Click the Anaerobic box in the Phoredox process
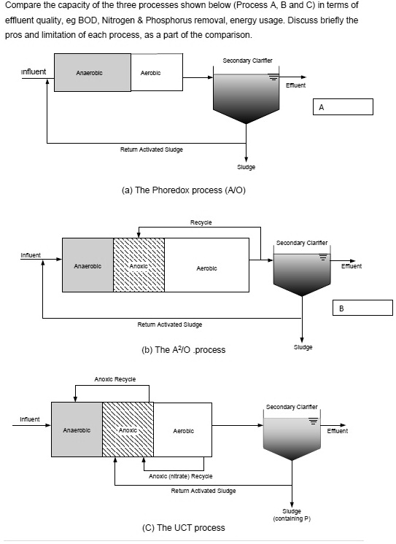[88, 73]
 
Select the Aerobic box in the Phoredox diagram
[156, 73]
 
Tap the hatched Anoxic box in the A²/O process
[139, 265]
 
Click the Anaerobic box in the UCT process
[77, 430]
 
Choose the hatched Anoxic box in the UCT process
[128, 430]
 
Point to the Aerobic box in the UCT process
[183, 430]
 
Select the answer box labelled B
[362, 308]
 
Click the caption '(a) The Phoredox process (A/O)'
[183, 190]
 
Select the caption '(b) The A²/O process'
[183, 349]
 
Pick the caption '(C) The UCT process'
[183, 527]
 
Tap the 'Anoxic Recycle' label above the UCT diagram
[114, 379]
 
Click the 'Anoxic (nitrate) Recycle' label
[180, 475]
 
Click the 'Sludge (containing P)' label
[292, 515]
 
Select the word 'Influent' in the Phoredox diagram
[34, 71]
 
